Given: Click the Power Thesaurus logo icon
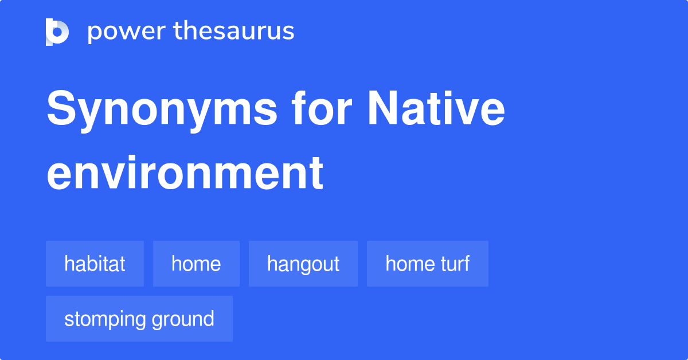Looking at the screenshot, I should click(x=57, y=32).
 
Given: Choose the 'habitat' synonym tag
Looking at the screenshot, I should click(x=95, y=264).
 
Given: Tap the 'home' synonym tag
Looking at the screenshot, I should click(x=196, y=264).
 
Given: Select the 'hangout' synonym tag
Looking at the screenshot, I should click(x=303, y=264).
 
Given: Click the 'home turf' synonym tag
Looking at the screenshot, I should click(x=428, y=264).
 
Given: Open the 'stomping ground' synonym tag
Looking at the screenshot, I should click(x=139, y=319).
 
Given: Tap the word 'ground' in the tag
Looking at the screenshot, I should click(x=183, y=319).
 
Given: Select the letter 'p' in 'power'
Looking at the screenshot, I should click(x=94, y=33).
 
